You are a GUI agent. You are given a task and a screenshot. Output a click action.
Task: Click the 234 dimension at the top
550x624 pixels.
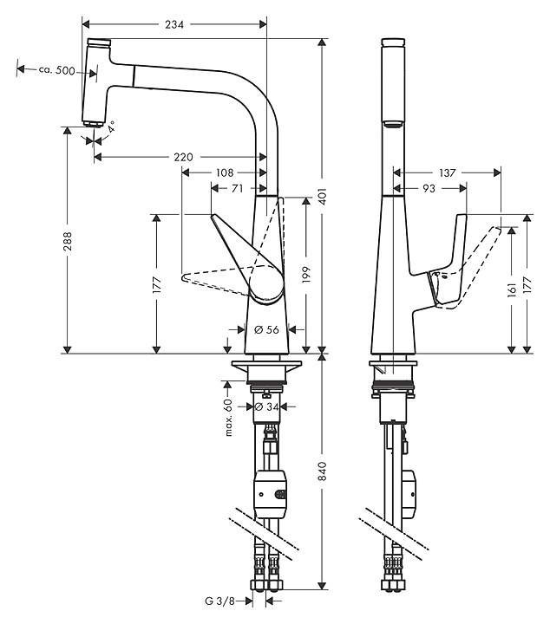174,24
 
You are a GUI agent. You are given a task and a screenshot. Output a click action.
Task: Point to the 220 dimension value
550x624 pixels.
183,157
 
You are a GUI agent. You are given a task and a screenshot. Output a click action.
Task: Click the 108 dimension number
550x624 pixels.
223,172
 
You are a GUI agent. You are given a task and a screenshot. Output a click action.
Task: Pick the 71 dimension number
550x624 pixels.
237,187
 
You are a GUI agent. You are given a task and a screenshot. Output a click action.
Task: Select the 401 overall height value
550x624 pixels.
322,197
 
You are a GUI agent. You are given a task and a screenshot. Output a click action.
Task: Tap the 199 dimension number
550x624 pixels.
305,275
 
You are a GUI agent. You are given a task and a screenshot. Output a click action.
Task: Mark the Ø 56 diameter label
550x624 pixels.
266,329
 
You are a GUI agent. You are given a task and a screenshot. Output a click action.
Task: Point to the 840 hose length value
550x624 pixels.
323,472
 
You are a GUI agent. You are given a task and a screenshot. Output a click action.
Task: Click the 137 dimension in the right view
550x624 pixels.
447,172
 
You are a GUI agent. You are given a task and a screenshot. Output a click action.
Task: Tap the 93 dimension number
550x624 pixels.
429,187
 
